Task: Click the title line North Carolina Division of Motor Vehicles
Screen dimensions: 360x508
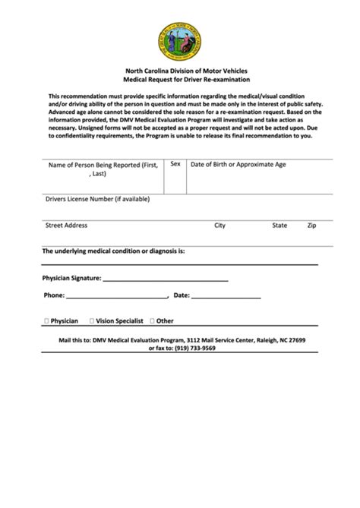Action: coord(180,70)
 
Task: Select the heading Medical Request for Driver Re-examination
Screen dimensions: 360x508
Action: coord(180,79)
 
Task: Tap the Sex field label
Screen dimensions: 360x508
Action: coord(175,163)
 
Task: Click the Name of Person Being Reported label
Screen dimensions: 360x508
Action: coord(103,169)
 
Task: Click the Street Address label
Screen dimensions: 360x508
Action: coord(66,226)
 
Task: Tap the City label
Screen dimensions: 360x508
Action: coord(220,226)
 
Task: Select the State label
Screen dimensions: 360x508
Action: coord(279,226)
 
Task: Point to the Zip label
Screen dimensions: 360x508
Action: coord(311,226)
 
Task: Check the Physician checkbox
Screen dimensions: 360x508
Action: coord(47,321)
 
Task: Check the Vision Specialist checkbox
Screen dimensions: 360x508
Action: coord(92,321)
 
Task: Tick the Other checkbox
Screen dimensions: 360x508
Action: coord(153,321)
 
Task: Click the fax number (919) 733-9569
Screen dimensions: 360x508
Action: coord(193,349)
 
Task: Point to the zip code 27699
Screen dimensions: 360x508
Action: coord(297,341)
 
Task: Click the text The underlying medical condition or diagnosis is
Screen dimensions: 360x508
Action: coord(113,251)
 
